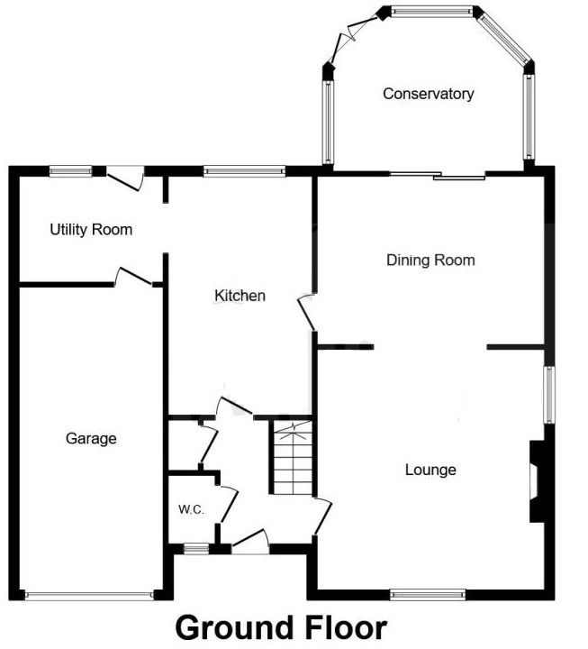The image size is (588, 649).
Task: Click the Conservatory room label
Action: (428, 94)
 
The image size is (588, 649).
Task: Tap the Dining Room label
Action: (430, 261)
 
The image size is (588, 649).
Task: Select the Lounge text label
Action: (430, 470)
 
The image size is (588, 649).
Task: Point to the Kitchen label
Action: (240, 296)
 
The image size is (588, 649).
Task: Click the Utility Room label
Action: (90, 230)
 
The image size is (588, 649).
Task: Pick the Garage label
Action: (91, 439)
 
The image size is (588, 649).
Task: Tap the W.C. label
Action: (191, 509)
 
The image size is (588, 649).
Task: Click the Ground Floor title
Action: (280, 627)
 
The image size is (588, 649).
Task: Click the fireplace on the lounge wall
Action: (537, 480)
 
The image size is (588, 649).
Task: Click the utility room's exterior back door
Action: (124, 177)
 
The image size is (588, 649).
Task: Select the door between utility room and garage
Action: (131, 277)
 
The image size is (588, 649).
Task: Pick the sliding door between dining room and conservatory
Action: (437, 176)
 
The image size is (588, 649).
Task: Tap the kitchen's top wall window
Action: (244, 169)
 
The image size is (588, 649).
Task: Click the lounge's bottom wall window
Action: (427, 594)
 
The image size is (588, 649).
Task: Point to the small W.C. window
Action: (192, 546)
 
